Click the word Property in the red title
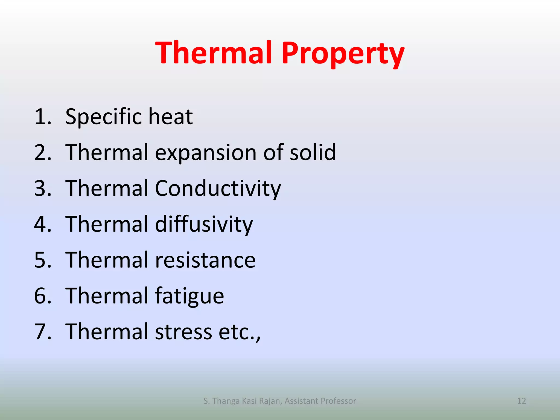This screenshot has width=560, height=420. [x=343, y=53]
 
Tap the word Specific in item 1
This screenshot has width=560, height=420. [x=104, y=117]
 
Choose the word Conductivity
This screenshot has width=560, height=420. [x=218, y=189]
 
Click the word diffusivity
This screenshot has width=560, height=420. [x=204, y=224]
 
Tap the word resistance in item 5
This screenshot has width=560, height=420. [x=205, y=260]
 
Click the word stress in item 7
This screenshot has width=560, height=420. [x=183, y=332]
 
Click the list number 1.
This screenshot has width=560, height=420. [x=42, y=117]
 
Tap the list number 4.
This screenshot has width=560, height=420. [x=42, y=224]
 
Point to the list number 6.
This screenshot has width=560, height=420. [x=42, y=296]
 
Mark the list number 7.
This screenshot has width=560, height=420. [x=42, y=332]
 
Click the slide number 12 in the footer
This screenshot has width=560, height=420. [x=521, y=401]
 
